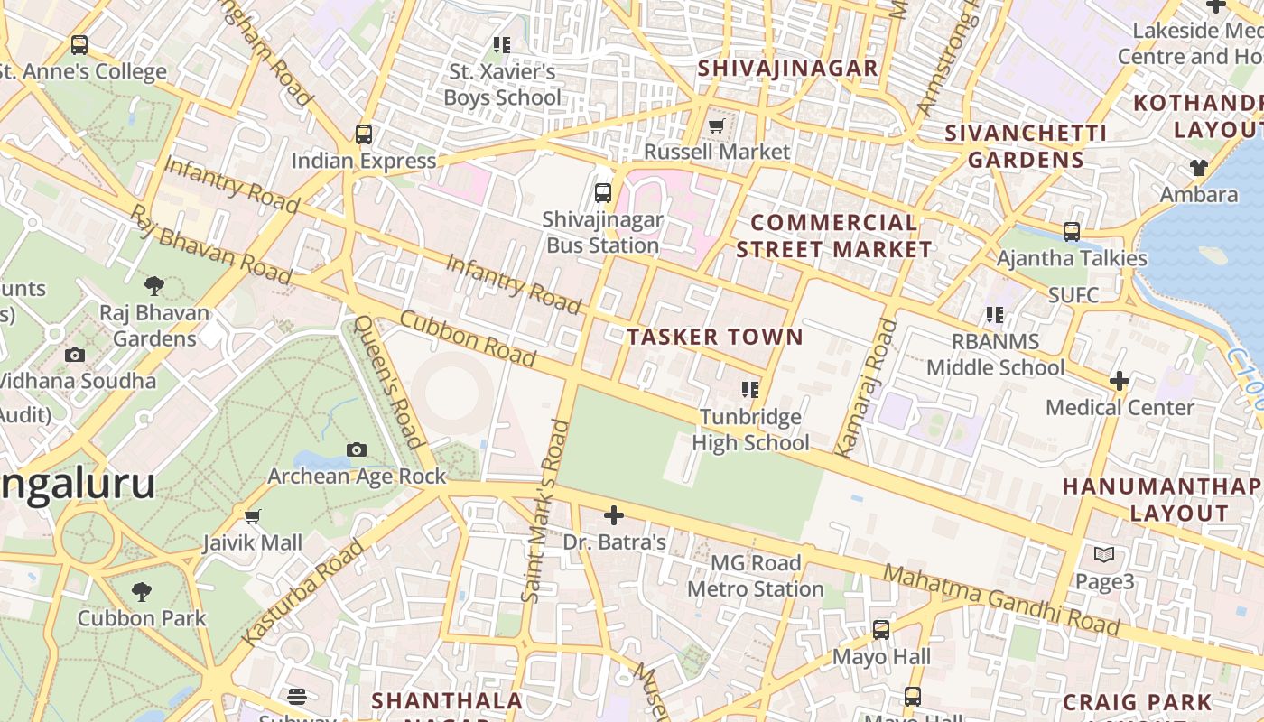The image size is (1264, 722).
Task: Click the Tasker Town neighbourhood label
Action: point(715,338)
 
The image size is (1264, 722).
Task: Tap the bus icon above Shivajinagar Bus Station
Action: point(603,192)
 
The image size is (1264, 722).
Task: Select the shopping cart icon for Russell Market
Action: point(717,125)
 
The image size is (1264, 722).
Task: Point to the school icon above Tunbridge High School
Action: point(749,390)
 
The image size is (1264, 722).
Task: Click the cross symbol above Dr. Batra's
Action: point(614,515)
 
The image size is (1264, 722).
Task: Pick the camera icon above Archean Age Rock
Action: point(357,449)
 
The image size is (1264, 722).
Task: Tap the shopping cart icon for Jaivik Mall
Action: point(253,516)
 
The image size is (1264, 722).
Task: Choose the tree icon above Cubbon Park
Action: point(141,592)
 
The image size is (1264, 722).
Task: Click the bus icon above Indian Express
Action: point(364,134)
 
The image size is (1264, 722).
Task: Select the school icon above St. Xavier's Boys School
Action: point(502,44)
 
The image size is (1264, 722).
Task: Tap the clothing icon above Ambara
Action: point(1198,168)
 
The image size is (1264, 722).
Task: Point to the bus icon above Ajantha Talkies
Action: point(1072,232)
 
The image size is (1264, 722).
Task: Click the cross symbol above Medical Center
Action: point(1120,381)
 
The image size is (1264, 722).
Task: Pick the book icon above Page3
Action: point(1103,555)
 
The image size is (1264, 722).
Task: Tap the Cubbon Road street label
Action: point(468,338)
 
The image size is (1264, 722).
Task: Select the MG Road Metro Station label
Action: point(756,576)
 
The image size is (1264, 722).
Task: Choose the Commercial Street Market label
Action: point(833,236)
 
